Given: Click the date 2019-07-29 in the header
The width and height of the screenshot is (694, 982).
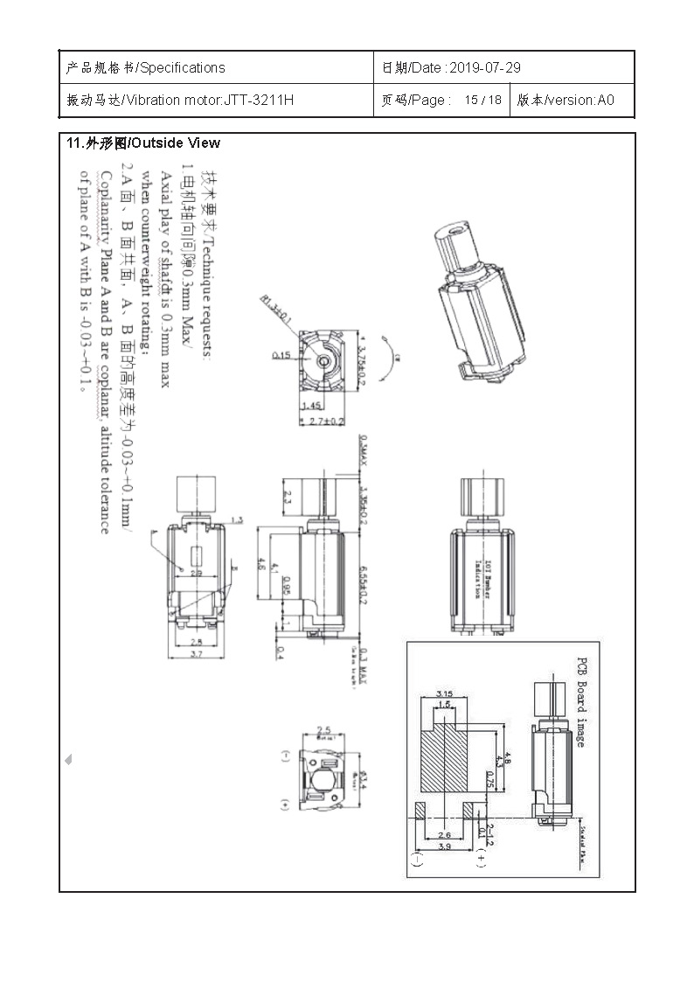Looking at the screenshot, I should click(484, 68).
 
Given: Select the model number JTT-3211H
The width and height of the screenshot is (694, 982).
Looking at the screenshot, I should click(259, 101).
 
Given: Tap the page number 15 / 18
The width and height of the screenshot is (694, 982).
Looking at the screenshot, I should click(483, 101).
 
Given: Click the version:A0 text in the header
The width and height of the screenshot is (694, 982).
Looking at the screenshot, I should click(578, 101).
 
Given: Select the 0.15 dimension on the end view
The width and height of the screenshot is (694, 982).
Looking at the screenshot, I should click(281, 355).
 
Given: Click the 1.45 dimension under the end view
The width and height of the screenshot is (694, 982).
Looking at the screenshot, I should click(311, 407).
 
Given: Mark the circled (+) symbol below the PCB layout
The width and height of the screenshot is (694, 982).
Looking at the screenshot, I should click(481, 860).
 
